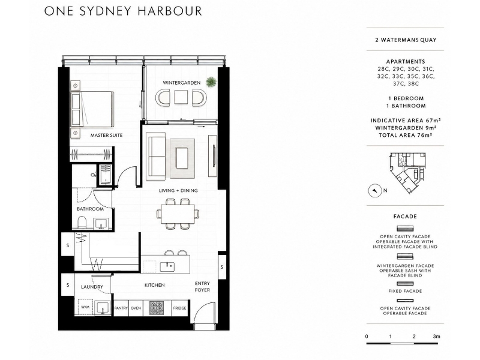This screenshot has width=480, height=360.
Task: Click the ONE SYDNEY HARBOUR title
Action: (x=123, y=11)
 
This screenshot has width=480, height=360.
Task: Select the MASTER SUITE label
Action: (x=106, y=135)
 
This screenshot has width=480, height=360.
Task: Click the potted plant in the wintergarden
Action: (x=211, y=82)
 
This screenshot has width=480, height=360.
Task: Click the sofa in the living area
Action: (x=156, y=156)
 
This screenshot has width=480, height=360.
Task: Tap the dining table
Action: (x=178, y=214)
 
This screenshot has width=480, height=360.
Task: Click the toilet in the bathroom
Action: (x=82, y=223)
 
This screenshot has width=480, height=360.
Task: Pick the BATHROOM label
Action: (x=90, y=209)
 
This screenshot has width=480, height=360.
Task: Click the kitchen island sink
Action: (x=167, y=266)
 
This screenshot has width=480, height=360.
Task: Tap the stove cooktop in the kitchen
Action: (x=157, y=308)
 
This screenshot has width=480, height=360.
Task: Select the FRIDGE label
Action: (x=179, y=308)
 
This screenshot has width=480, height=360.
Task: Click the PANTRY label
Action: (x=121, y=308)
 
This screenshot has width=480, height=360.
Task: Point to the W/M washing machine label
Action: (x=85, y=307)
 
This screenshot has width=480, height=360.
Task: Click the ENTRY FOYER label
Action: (x=202, y=287)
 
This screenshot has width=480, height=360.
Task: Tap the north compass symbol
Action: (x=374, y=191)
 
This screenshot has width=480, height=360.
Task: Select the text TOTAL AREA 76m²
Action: (x=406, y=135)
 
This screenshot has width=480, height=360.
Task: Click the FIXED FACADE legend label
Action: (x=405, y=291)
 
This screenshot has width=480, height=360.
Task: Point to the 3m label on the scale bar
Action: (x=437, y=336)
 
